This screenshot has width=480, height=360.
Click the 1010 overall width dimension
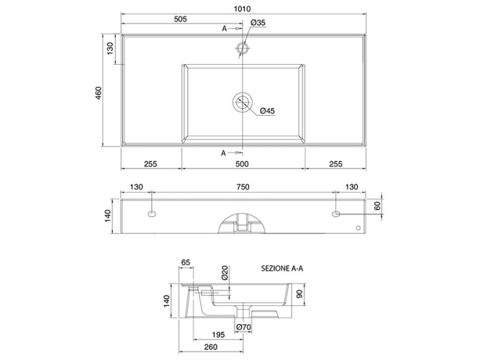click(242, 9)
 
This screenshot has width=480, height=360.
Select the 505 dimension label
click(181, 19)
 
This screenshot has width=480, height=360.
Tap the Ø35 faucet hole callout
click(258, 22)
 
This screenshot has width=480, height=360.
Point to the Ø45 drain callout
click(267, 111)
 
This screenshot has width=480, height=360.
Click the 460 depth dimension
click(99, 93)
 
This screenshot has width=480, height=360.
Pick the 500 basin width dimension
click(242, 164)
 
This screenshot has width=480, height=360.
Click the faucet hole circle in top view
click(243, 48)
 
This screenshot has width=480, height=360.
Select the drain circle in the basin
click(243, 102)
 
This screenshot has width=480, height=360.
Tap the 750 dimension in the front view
click(243, 187)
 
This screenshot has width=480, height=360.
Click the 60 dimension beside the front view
click(377, 206)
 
